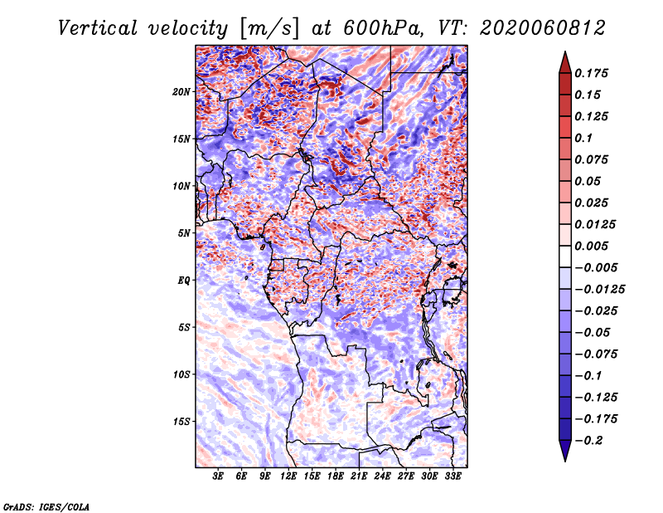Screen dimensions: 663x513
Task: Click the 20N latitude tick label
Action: (181, 92)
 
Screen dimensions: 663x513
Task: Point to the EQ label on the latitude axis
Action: (184, 281)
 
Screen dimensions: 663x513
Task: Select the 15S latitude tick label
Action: (181, 422)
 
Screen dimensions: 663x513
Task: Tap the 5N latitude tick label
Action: (184, 233)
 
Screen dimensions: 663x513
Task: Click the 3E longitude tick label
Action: (218, 476)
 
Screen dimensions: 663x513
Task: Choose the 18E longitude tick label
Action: (336, 476)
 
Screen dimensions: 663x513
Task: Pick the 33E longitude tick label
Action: (452, 476)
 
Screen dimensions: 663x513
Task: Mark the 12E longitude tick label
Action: (288, 476)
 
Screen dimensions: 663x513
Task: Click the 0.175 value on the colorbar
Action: (591, 73)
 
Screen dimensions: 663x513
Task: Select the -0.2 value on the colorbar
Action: (588, 441)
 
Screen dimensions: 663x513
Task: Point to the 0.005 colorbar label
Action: (591, 246)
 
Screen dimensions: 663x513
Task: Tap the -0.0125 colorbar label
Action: (600, 290)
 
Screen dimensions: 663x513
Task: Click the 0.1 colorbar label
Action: (583, 138)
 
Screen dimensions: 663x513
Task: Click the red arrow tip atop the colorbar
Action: (565, 52)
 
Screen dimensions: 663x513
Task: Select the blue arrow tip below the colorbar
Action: (565, 460)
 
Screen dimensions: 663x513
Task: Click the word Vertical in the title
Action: (97, 28)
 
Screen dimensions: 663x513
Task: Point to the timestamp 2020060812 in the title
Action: (543, 28)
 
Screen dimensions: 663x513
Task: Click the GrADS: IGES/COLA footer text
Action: (46, 507)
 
